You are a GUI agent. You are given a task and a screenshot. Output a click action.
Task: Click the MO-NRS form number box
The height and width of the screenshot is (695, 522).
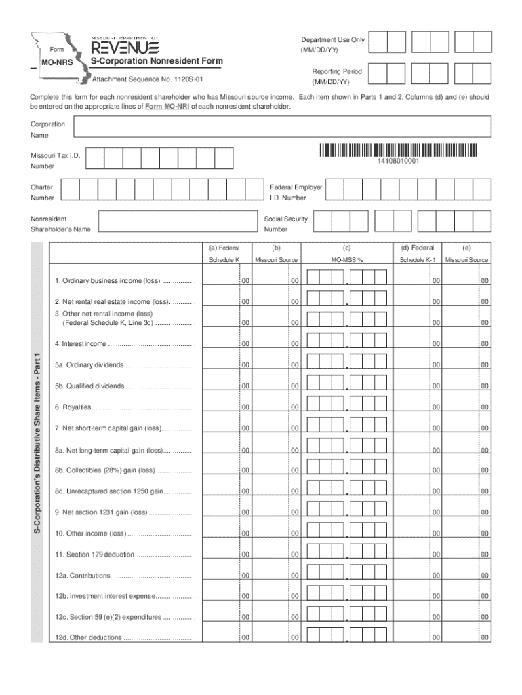56,63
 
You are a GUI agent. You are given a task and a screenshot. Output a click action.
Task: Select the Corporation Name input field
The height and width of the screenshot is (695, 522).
282,127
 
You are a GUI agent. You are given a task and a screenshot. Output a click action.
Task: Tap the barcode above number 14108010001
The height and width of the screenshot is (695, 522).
398,151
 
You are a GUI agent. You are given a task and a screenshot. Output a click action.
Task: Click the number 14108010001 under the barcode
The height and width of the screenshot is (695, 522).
398,161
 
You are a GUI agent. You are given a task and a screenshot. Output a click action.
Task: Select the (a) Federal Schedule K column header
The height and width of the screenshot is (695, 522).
224,254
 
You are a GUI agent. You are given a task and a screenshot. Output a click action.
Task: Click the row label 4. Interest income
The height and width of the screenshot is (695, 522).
81,344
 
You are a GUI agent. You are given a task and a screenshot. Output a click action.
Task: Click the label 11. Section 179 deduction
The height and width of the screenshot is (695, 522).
95,555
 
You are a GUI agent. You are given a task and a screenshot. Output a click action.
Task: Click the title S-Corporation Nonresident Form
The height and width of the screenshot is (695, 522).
157,62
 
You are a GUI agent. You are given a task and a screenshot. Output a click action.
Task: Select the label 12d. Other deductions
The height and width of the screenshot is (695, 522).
89,638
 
